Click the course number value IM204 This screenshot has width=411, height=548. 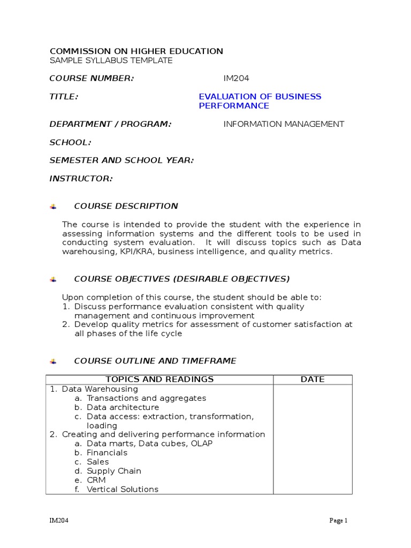(236, 79)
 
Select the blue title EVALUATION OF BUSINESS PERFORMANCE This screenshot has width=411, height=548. (260, 101)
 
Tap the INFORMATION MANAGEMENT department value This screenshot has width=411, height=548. (284, 124)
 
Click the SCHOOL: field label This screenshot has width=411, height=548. (70, 142)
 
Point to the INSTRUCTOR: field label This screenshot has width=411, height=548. (81, 179)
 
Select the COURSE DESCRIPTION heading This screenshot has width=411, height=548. (126, 206)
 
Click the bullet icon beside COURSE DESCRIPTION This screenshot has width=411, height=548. (52, 207)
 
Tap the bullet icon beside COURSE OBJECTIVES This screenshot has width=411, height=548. (52, 279)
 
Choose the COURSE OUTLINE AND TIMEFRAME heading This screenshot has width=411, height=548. (155, 361)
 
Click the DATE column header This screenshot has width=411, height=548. (313, 379)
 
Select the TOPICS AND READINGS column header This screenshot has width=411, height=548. (159, 379)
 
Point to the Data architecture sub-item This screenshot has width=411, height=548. (123, 407)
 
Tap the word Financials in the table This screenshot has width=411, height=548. (107, 453)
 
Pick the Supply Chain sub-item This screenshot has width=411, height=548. (114, 471)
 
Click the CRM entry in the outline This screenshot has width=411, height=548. (96, 480)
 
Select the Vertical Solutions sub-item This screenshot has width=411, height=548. (123, 489)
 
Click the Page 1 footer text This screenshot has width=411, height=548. (339, 521)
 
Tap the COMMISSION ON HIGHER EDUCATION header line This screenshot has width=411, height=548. (136, 51)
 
